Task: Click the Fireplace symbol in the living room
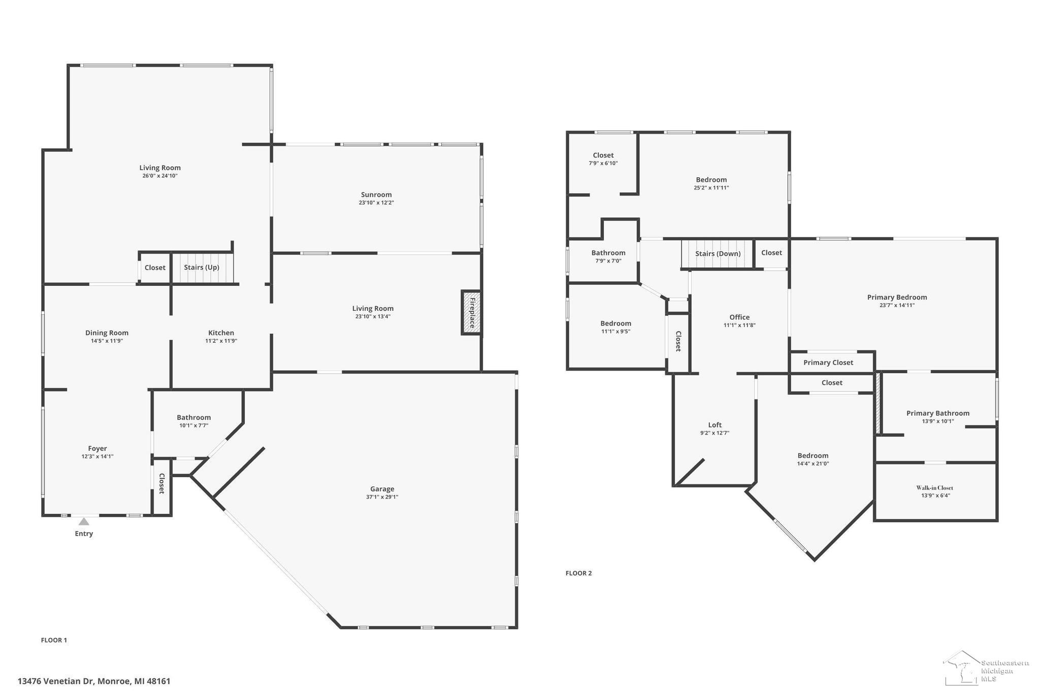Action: coord(471,312)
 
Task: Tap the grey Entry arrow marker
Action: coord(84,521)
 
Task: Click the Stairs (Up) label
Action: coord(202,268)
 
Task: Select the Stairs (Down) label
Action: coord(718,254)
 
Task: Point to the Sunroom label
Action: coord(376,194)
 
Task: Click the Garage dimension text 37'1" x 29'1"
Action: coord(382,497)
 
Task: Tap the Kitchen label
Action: coord(221,333)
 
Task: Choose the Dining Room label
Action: coord(107,333)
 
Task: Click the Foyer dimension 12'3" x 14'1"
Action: coord(97,456)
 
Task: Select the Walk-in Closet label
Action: coord(935,488)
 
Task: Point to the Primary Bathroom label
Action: coord(938,413)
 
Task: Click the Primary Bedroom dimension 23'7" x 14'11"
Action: coord(897,305)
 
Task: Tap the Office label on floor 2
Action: coord(739,317)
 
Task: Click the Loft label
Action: coord(715,425)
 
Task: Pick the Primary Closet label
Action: coord(828,362)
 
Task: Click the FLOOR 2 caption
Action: coord(579,573)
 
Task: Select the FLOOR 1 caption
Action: coord(54,640)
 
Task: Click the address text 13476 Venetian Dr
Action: coord(56,681)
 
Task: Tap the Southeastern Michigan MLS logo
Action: coord(986,668)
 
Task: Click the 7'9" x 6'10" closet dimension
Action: coord(603,163)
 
